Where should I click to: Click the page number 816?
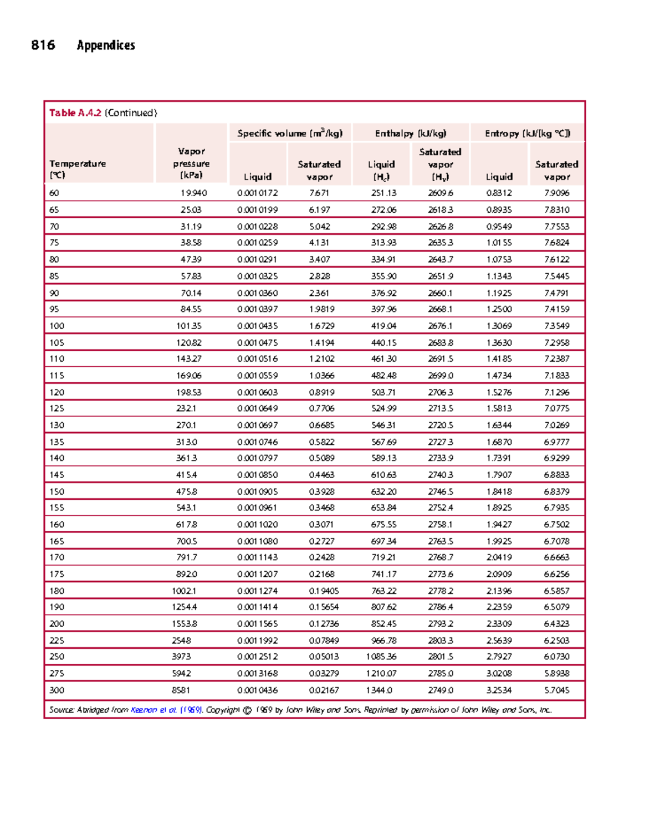tap(43, 45)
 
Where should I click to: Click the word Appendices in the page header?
tap(106, 45)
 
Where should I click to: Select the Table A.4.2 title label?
tap(75, 113)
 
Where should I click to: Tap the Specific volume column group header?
tap(290, 134)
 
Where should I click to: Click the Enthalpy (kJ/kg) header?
tap(411, 134)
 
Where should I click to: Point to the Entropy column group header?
tap(527, 134)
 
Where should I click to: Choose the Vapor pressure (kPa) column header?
tap(191, 163)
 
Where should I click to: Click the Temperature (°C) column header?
tap(78, 169)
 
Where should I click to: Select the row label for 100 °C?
tap(57, 326)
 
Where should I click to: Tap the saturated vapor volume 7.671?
tap(319, 193)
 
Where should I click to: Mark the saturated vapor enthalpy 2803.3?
tap(441, 640)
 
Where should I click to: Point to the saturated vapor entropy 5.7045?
tap(556, 690)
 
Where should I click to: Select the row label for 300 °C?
tap(57, 690)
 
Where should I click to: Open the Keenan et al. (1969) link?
tap(166, 710)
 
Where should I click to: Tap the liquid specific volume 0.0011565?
tap(258, 623)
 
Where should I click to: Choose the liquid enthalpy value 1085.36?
tap(381, 657)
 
